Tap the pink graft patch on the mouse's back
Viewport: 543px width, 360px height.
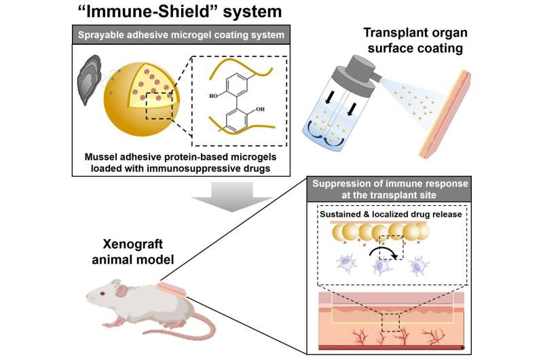pos(171,290)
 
